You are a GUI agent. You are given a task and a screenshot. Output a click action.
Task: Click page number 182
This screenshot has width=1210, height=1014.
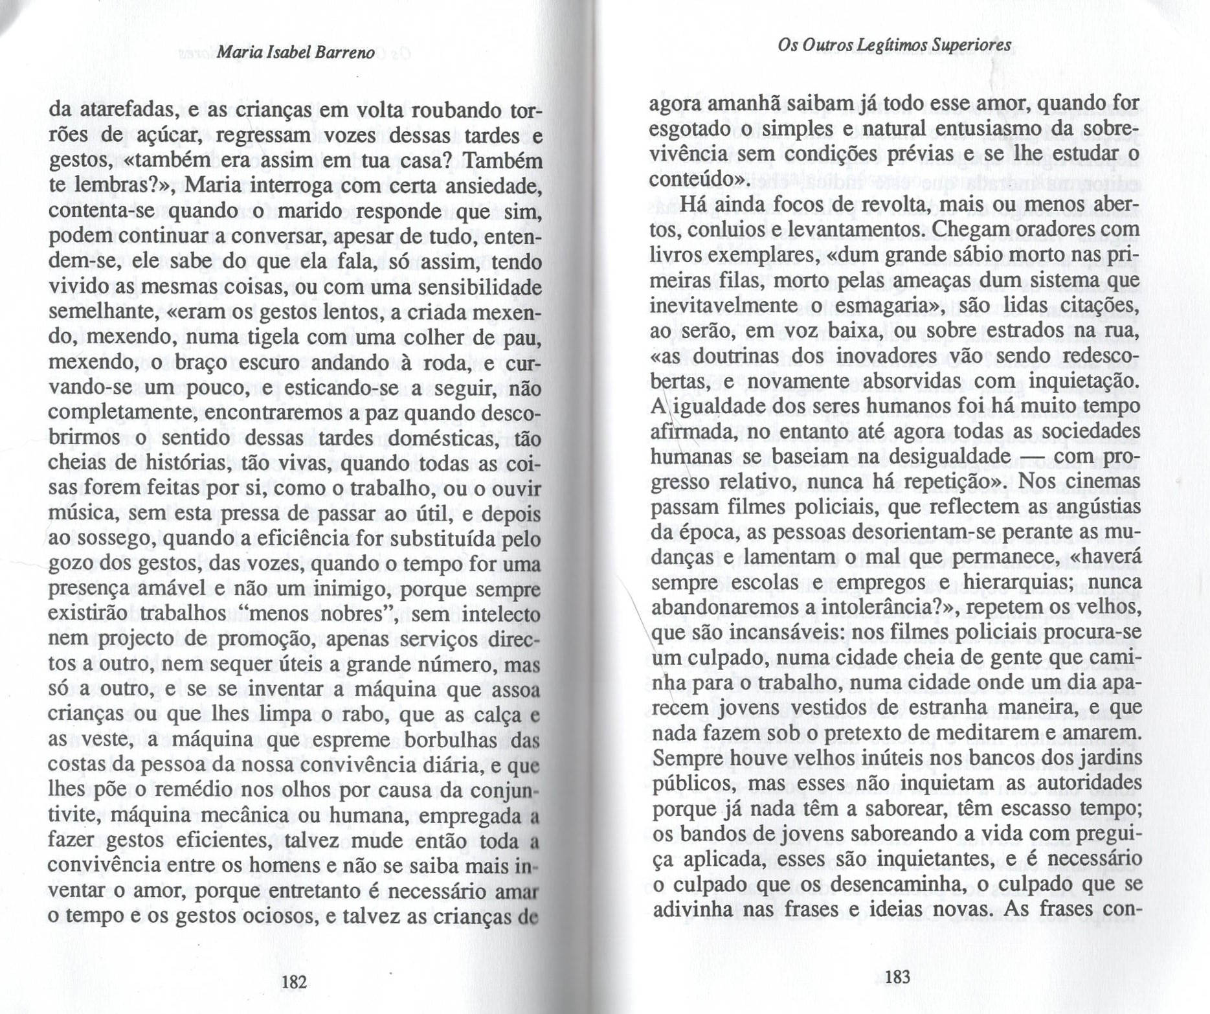coord(294,982)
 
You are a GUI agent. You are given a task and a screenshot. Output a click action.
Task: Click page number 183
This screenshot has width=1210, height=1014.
coord(897,976)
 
